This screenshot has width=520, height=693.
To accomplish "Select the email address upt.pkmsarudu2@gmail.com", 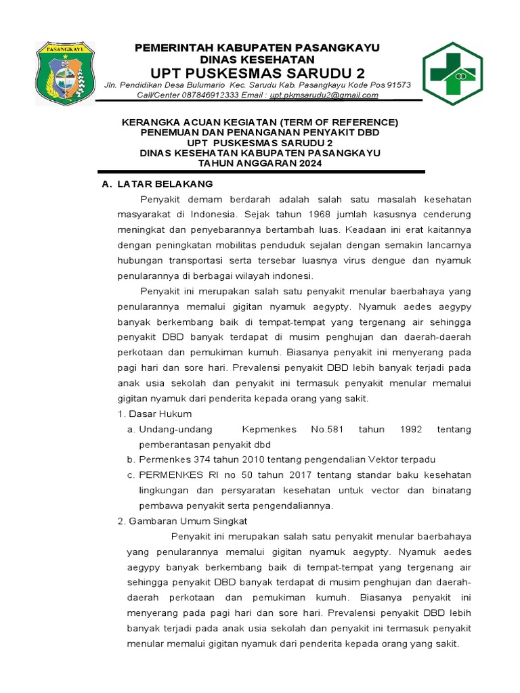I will pos(324,95).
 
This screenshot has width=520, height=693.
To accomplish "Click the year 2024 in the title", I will pos(307,163).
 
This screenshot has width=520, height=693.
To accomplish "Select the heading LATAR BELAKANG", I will pos(165,184).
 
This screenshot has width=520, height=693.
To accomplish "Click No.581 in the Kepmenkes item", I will pos(328,429).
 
